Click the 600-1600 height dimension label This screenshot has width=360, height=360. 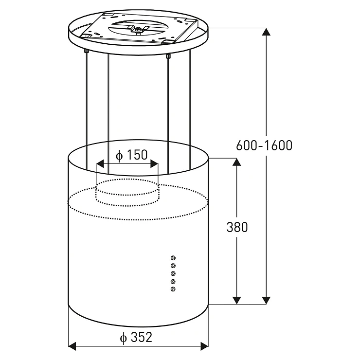264,145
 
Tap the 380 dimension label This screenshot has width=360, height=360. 237,227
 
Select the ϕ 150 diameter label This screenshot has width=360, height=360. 131,155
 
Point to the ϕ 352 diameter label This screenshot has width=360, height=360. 136,338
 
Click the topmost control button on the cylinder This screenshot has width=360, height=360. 173,258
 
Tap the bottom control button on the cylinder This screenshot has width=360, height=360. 173,289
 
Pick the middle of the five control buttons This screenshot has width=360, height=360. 173,273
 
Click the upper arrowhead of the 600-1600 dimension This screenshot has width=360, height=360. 266,32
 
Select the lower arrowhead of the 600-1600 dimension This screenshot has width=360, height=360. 266,300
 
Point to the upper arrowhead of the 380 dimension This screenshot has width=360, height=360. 237,162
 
